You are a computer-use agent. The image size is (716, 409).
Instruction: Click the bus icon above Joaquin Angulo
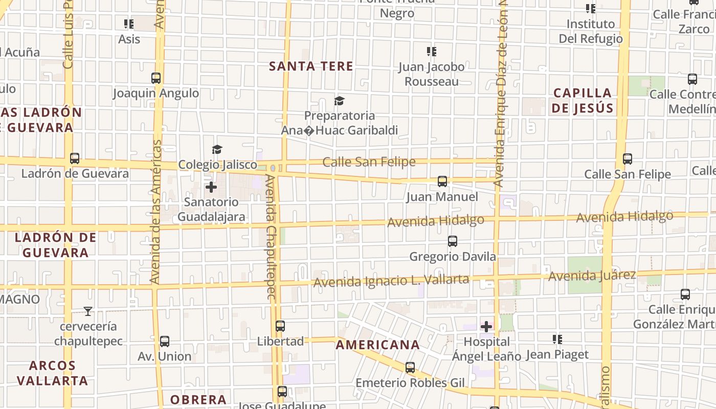click(156, 78)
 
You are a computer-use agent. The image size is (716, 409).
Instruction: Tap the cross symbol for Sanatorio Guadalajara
click(211, 187)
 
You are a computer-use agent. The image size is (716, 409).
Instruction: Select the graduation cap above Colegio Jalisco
click(217, 149)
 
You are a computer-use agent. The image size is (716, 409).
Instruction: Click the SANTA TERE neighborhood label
click(311, 66)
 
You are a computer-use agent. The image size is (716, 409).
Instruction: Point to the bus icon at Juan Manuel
click(442, 181)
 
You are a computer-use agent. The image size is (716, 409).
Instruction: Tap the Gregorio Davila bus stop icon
click(452, 241)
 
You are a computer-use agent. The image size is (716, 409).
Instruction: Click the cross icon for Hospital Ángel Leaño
click(486, 326)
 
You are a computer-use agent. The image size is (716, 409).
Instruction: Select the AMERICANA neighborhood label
click(377, 345)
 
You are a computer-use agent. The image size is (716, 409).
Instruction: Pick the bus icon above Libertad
click(280, 326)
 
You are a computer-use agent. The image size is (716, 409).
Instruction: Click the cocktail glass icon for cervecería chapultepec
click(88, 311)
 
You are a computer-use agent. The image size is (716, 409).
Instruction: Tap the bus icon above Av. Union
click(164, 342)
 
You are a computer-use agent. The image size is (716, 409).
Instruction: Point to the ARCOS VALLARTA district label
click(52, 373)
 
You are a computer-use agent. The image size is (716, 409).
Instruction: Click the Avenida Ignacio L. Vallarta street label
click(391, 281)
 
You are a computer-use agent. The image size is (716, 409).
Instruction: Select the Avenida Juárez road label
click(592, 276)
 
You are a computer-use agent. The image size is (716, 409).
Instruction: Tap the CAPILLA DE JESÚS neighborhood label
click(583, 101)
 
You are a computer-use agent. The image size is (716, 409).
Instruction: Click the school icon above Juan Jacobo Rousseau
click(432, 52)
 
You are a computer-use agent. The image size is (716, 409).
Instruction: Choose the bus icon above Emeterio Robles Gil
click(410, 368)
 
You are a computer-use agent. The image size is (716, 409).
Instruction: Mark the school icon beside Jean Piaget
click(557, 339)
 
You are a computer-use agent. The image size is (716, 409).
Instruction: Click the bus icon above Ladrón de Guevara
click(75, 158)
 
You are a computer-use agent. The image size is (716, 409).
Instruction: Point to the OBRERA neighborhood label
click(198, 400)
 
